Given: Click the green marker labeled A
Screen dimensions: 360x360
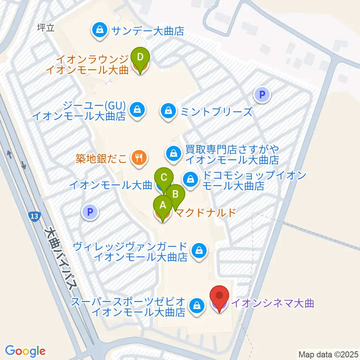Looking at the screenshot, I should [163, 205].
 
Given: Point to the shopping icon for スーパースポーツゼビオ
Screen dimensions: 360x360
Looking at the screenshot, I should [196, 305].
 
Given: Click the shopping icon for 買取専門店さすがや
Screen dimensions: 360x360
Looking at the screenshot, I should [174, 153].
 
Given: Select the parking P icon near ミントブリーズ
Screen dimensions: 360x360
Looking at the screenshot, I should [262, 95].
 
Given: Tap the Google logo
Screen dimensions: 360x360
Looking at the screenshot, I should [25, 351].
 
